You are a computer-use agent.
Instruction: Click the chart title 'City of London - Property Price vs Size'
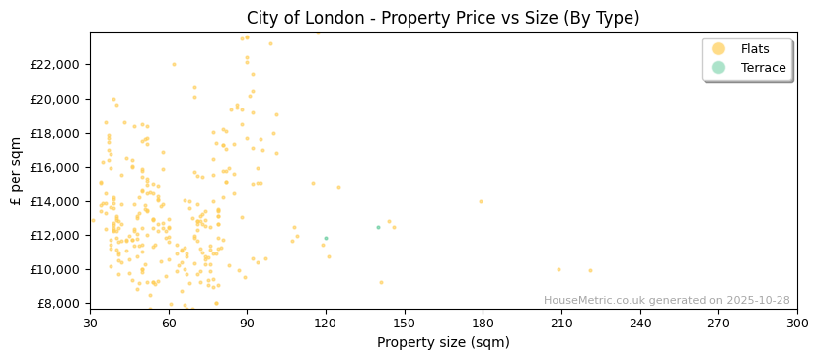(x=443, y=18)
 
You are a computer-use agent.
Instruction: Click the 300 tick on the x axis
(x=796, y=322)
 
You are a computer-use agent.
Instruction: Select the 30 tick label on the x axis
(x=90, y=322)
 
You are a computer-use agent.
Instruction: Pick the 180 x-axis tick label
(x=483, y=322)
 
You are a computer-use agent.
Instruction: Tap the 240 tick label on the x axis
(x=639, y=322)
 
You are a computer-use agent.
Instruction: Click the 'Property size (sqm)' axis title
(x=443, y=342)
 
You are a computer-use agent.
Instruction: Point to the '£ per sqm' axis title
(x=16, y=171)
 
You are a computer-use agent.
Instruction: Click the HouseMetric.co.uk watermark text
(x=666, y=301)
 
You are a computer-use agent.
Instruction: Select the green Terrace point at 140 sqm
(x=378, y=228)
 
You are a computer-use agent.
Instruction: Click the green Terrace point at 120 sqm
(x=326, y=238)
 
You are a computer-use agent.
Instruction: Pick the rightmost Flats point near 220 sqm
(x=590, y=270)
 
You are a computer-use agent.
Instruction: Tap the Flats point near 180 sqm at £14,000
(x=481, y=202)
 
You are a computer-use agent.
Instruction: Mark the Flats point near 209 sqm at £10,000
(x=558, y=269)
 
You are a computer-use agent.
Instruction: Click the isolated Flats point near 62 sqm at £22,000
(x=174, y=65)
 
